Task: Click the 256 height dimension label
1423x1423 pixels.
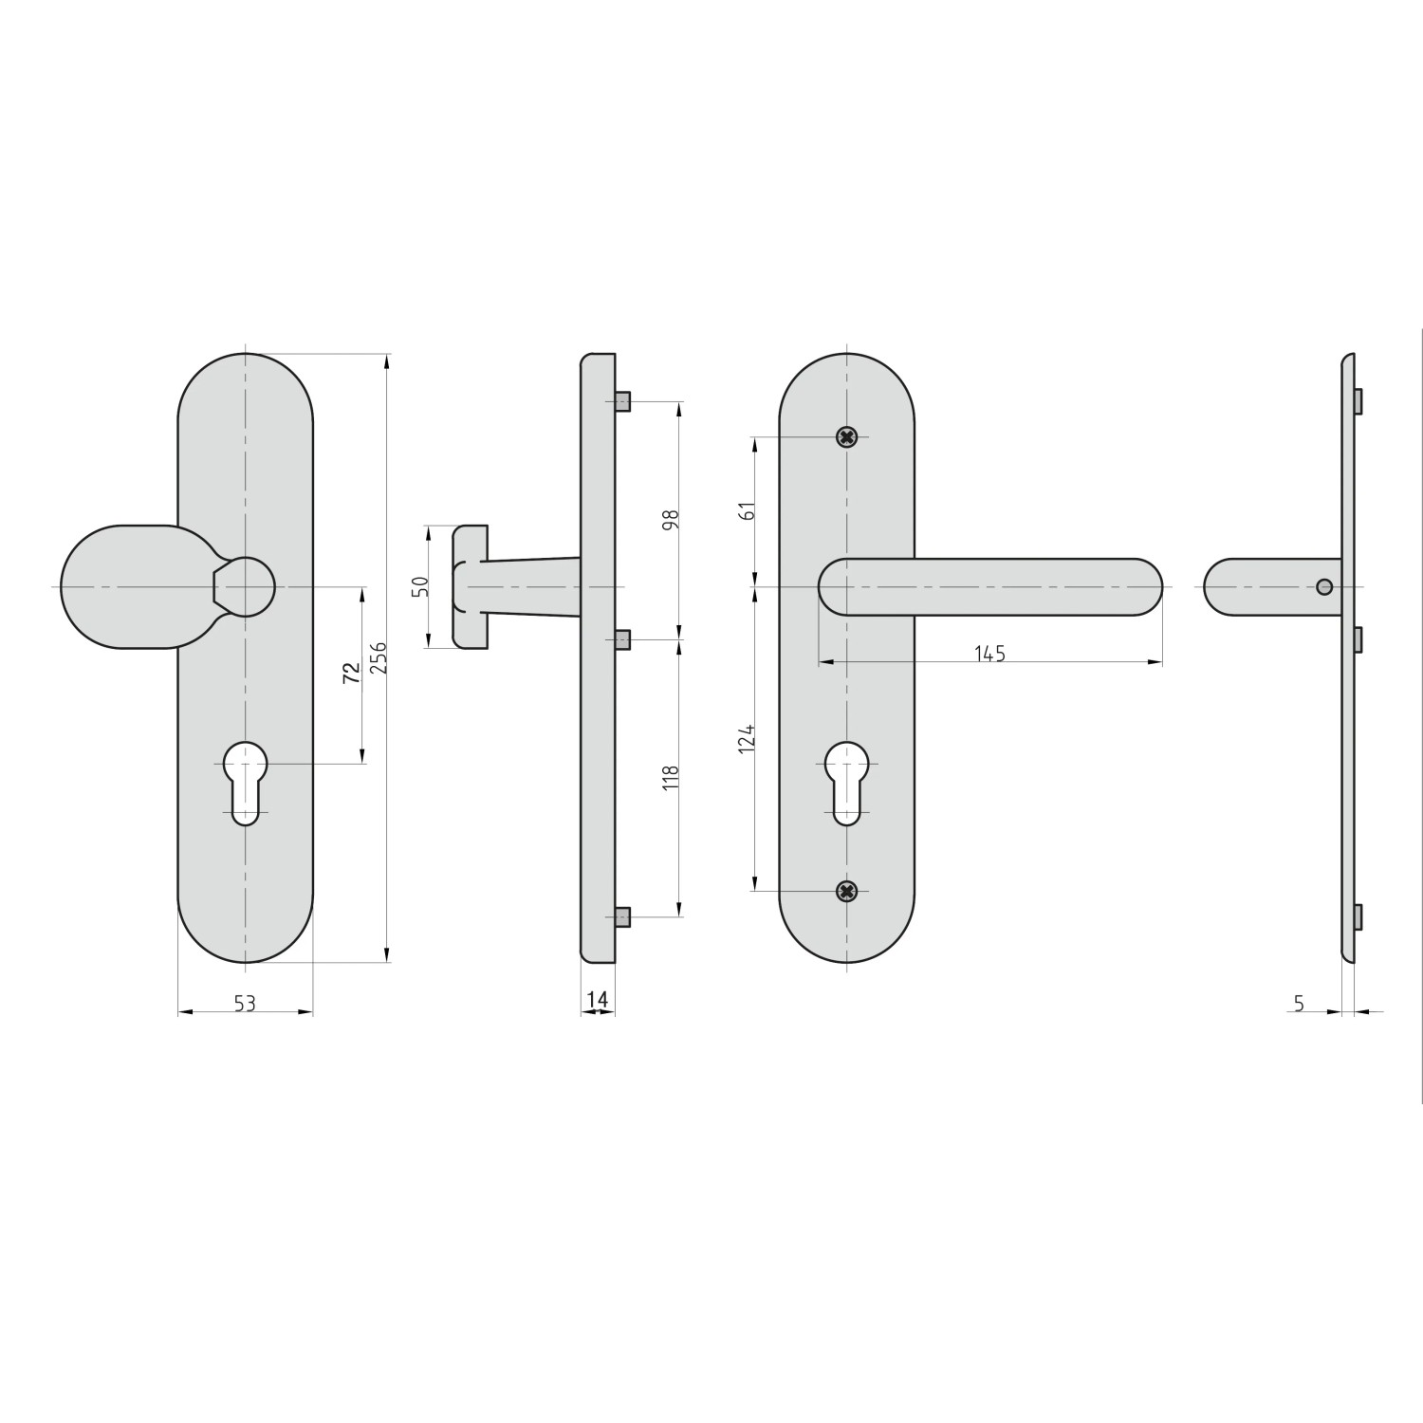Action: [379, 657]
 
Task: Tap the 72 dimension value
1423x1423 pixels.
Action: [351, 674]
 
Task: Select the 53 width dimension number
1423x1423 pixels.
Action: [245, 1003]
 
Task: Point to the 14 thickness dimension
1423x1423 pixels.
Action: [597, 999]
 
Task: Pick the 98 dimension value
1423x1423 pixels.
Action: [671, 520]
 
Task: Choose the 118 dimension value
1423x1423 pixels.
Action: [671, 778]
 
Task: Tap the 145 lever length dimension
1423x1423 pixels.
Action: [989, 654]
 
